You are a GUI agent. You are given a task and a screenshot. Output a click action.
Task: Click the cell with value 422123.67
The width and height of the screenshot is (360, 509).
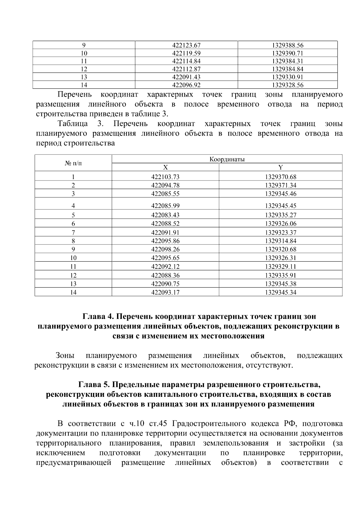pyautogui.click(x=186, y=46)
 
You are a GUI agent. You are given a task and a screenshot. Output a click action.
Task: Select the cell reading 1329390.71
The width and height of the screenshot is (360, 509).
pyautogui.click(x=287, y=53)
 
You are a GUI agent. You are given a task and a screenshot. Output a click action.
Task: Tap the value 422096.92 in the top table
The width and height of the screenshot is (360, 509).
pyautogui.click(x=186, y=85)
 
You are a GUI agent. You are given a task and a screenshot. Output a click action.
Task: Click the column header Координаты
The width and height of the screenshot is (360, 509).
pyautogui.click(x=227, y=159)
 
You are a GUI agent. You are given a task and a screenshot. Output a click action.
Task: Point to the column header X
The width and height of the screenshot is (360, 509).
pyautogui.click(x=165, y=167)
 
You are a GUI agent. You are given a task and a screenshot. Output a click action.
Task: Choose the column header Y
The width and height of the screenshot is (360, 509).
pyautogui.click(x=280, y=167)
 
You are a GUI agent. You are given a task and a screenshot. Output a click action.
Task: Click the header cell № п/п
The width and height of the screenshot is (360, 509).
pyautogui.click(x=73, y=163)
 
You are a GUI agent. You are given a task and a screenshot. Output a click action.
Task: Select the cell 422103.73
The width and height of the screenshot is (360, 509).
pyautogui.click(x=165, y=177)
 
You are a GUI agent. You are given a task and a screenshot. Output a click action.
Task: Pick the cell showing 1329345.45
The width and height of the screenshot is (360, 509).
pyautogui.click(x=280, y=206)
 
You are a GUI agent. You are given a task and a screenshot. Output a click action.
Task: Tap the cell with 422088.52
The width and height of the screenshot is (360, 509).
pyautogui.click(x=165, y=223)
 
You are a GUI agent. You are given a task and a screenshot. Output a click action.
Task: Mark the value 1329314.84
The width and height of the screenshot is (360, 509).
pyautogui.click(x=280, y=241)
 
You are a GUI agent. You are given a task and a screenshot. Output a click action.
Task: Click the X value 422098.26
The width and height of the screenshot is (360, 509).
pyautogui.click(x=165, y=249)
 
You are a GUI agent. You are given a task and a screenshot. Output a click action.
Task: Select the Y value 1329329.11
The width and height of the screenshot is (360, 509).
pyautogui.click(x=280, y=267)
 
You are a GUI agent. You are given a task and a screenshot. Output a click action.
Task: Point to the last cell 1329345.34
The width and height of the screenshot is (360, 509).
pyautogui.click(x=280, y=292)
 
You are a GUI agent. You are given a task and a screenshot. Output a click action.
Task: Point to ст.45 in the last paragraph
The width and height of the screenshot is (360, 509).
pyautogui.click(x=157, y=424)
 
